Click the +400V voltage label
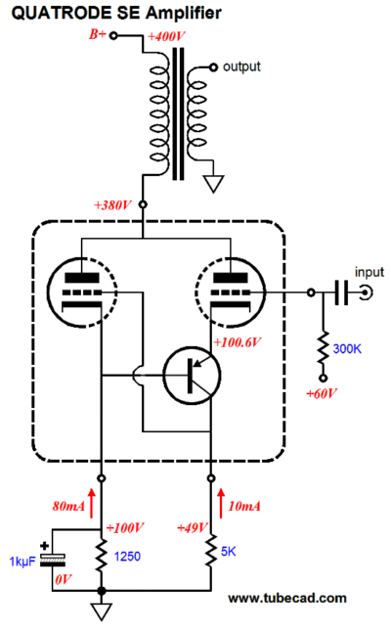(x=166, y=37)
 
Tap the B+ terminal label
(x=98, y=34)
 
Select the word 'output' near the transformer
(x=241, y=67)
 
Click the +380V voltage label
(x=112, y=205)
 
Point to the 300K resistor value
(x=347, y=348)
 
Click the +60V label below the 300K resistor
(x=322, y=393)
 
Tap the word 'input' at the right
(x=369, y=272)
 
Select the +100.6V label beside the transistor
(x=237, y=342)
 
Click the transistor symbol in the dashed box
(x=192, y=376)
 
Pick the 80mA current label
(x=68, y=506)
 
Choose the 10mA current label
(x=244, y=506)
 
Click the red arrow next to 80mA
(x=92, y=503)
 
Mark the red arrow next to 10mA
(x=221, y=503)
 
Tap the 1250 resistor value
(x=127, y=557)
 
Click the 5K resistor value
(x=228, y=551)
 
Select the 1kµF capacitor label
(x=22, y=562)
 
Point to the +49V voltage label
(x=193, y=527)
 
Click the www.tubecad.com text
(x=287, y=598)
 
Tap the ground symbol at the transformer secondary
(x=214, y=183)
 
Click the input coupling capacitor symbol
(x=341, y=292)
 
